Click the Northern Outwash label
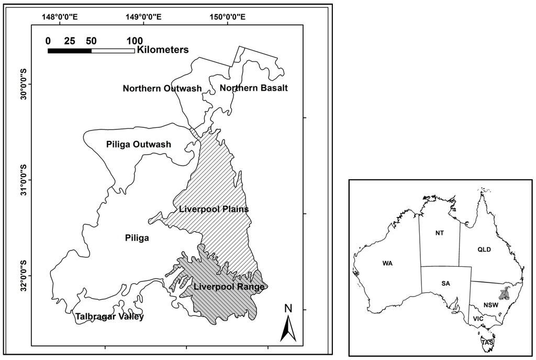point(162,88)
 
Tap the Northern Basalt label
point(253,88)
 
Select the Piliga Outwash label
point(138,144)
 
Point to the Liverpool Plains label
point(214,210)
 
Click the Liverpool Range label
point(228,287)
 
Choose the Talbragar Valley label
point(109,317)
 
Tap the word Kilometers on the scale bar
point(162,50)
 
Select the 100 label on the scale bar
point(135,40)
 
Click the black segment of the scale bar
point(69,50)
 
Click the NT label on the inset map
point(439,233)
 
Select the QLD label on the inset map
point(484,249)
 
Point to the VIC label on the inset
point(478,318)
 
